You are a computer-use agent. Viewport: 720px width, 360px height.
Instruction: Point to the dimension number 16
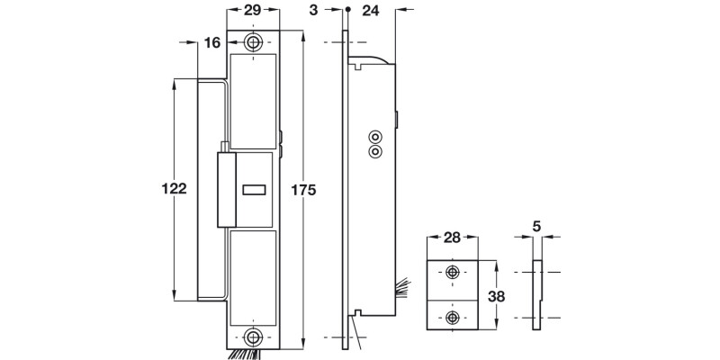(213, 42)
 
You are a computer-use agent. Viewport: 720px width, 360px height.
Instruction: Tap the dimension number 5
(537, 228)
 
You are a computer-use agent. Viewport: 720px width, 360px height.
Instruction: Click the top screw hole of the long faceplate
(254, 42)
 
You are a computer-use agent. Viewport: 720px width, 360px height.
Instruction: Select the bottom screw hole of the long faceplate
(254, 337)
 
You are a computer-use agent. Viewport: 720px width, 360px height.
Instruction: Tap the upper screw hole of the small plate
(452, 273)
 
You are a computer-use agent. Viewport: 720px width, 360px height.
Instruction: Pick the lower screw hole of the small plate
(452, 316)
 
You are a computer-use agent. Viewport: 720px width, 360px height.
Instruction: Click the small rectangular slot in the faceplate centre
(255, 190)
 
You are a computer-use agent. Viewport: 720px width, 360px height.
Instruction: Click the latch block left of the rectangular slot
(226, 189)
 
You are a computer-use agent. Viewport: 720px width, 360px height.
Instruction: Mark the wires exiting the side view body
(401, 289)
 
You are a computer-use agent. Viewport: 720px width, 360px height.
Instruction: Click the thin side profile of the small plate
(537, 294)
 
